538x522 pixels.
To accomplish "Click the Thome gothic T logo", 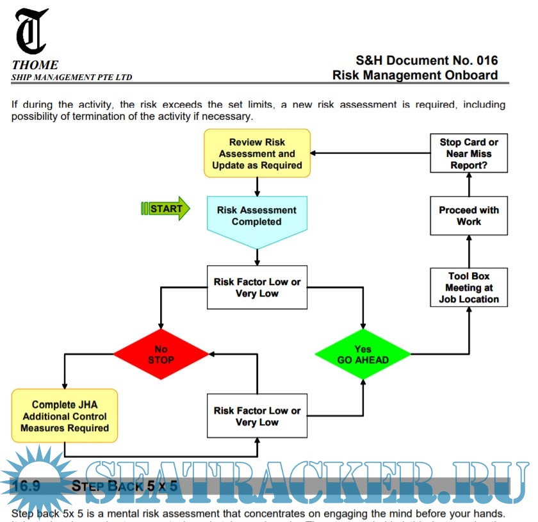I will point(31,31).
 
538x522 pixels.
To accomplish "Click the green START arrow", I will point(165,209).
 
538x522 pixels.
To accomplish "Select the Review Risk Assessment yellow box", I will point(257,154).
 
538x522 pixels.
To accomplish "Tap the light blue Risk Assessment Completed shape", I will point(257,218).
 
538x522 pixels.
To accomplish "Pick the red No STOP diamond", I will point(161,354).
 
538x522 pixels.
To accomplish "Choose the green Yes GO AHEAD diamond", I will point(363,354).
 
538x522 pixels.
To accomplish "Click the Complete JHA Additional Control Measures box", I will point(65,416).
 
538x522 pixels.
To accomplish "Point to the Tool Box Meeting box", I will point(469,288).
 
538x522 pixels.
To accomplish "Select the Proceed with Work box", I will point(469,216).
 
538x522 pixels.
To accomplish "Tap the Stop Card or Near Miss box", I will point(469,153).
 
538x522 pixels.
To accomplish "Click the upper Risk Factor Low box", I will point(257,288).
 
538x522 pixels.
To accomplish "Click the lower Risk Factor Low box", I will point(257,416).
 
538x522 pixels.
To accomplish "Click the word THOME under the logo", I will point(35,65).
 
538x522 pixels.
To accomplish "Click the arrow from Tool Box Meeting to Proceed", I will point(469,250).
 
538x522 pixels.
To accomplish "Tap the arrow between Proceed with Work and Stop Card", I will point(469,184).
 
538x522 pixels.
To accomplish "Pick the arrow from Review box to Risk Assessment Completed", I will point(257,186).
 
